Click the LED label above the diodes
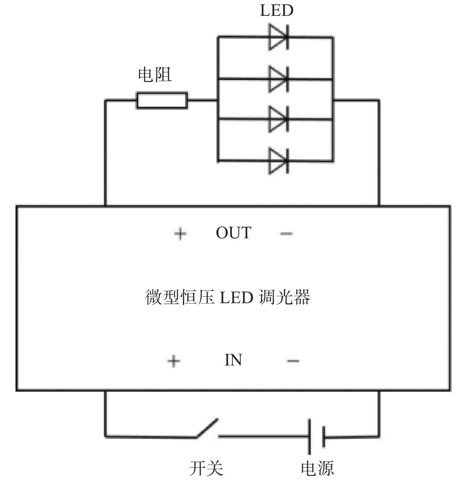[x=277, y=10]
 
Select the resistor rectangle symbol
[x=162, y=101]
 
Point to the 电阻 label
[x=155, y=75]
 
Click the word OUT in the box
[x=233, y=233]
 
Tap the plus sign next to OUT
[x=180, y=234]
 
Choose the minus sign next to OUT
[x=287, y=234]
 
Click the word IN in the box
[x=233, y=360]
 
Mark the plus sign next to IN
[x=174, y=361]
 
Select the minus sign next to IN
[x=293, y=361]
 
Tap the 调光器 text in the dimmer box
[x=284, y=297]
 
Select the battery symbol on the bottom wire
[x=317, y=437]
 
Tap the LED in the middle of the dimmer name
[x=236, y=297]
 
